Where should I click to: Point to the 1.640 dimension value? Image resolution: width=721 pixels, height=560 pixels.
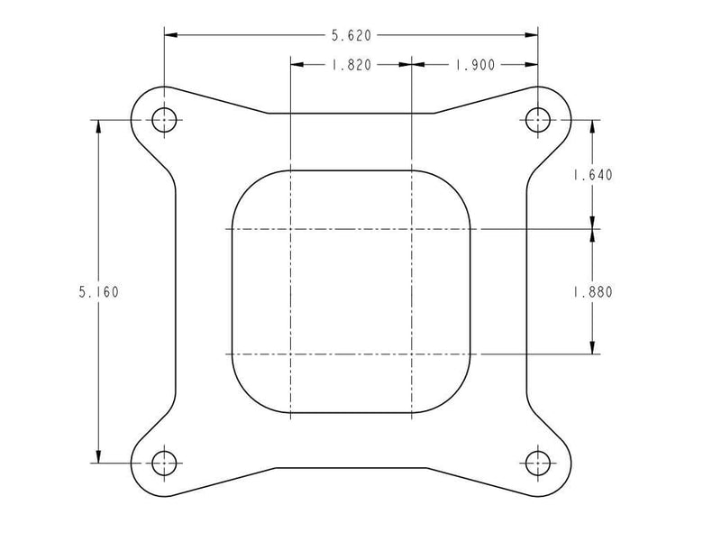coord(592,176)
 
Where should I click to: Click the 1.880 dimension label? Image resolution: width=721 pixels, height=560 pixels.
coord(592,291)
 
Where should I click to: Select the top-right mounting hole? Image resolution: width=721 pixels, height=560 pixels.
coord(538,119)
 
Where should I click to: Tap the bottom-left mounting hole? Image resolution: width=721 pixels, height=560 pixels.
coord(163,464)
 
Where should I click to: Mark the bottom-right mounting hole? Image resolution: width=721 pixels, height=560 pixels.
coord(538,464)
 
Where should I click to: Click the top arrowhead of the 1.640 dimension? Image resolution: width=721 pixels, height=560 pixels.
coord(592,126)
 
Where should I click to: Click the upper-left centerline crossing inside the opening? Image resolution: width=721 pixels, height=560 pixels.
coord(290,229)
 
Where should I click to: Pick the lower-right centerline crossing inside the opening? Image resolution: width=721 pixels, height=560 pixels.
coord(411,354)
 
